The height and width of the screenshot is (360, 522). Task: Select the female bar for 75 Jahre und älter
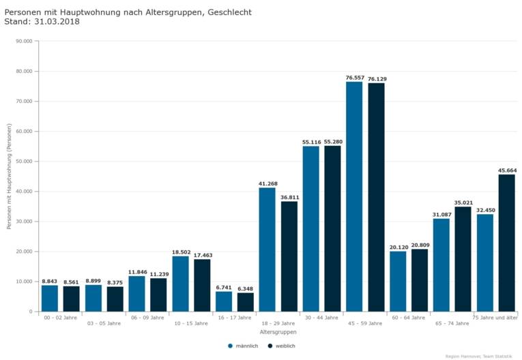coord(506,243)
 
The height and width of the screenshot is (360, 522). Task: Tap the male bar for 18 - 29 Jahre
coord(267,250)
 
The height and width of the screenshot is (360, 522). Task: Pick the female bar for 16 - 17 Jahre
coord(246,302)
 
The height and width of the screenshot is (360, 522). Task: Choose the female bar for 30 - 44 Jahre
coord(332,228)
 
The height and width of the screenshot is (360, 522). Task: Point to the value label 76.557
coord(354,78)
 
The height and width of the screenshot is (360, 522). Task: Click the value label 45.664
coord(507,170)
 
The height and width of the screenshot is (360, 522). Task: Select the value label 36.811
coord(289,198)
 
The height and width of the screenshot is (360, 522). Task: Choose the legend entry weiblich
coord(282,346)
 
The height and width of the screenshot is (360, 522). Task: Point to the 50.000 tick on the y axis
coord(23,162)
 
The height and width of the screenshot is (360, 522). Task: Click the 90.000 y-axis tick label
coord(23,41)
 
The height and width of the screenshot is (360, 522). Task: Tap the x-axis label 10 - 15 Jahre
coord(191,323)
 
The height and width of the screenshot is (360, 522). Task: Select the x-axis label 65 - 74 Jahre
coord(452,323)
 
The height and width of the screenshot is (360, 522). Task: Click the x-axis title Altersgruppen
coord(278,332)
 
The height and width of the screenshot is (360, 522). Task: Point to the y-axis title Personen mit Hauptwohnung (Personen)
coord(10,176)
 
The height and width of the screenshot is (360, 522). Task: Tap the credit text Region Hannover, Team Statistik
coord(478,356)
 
